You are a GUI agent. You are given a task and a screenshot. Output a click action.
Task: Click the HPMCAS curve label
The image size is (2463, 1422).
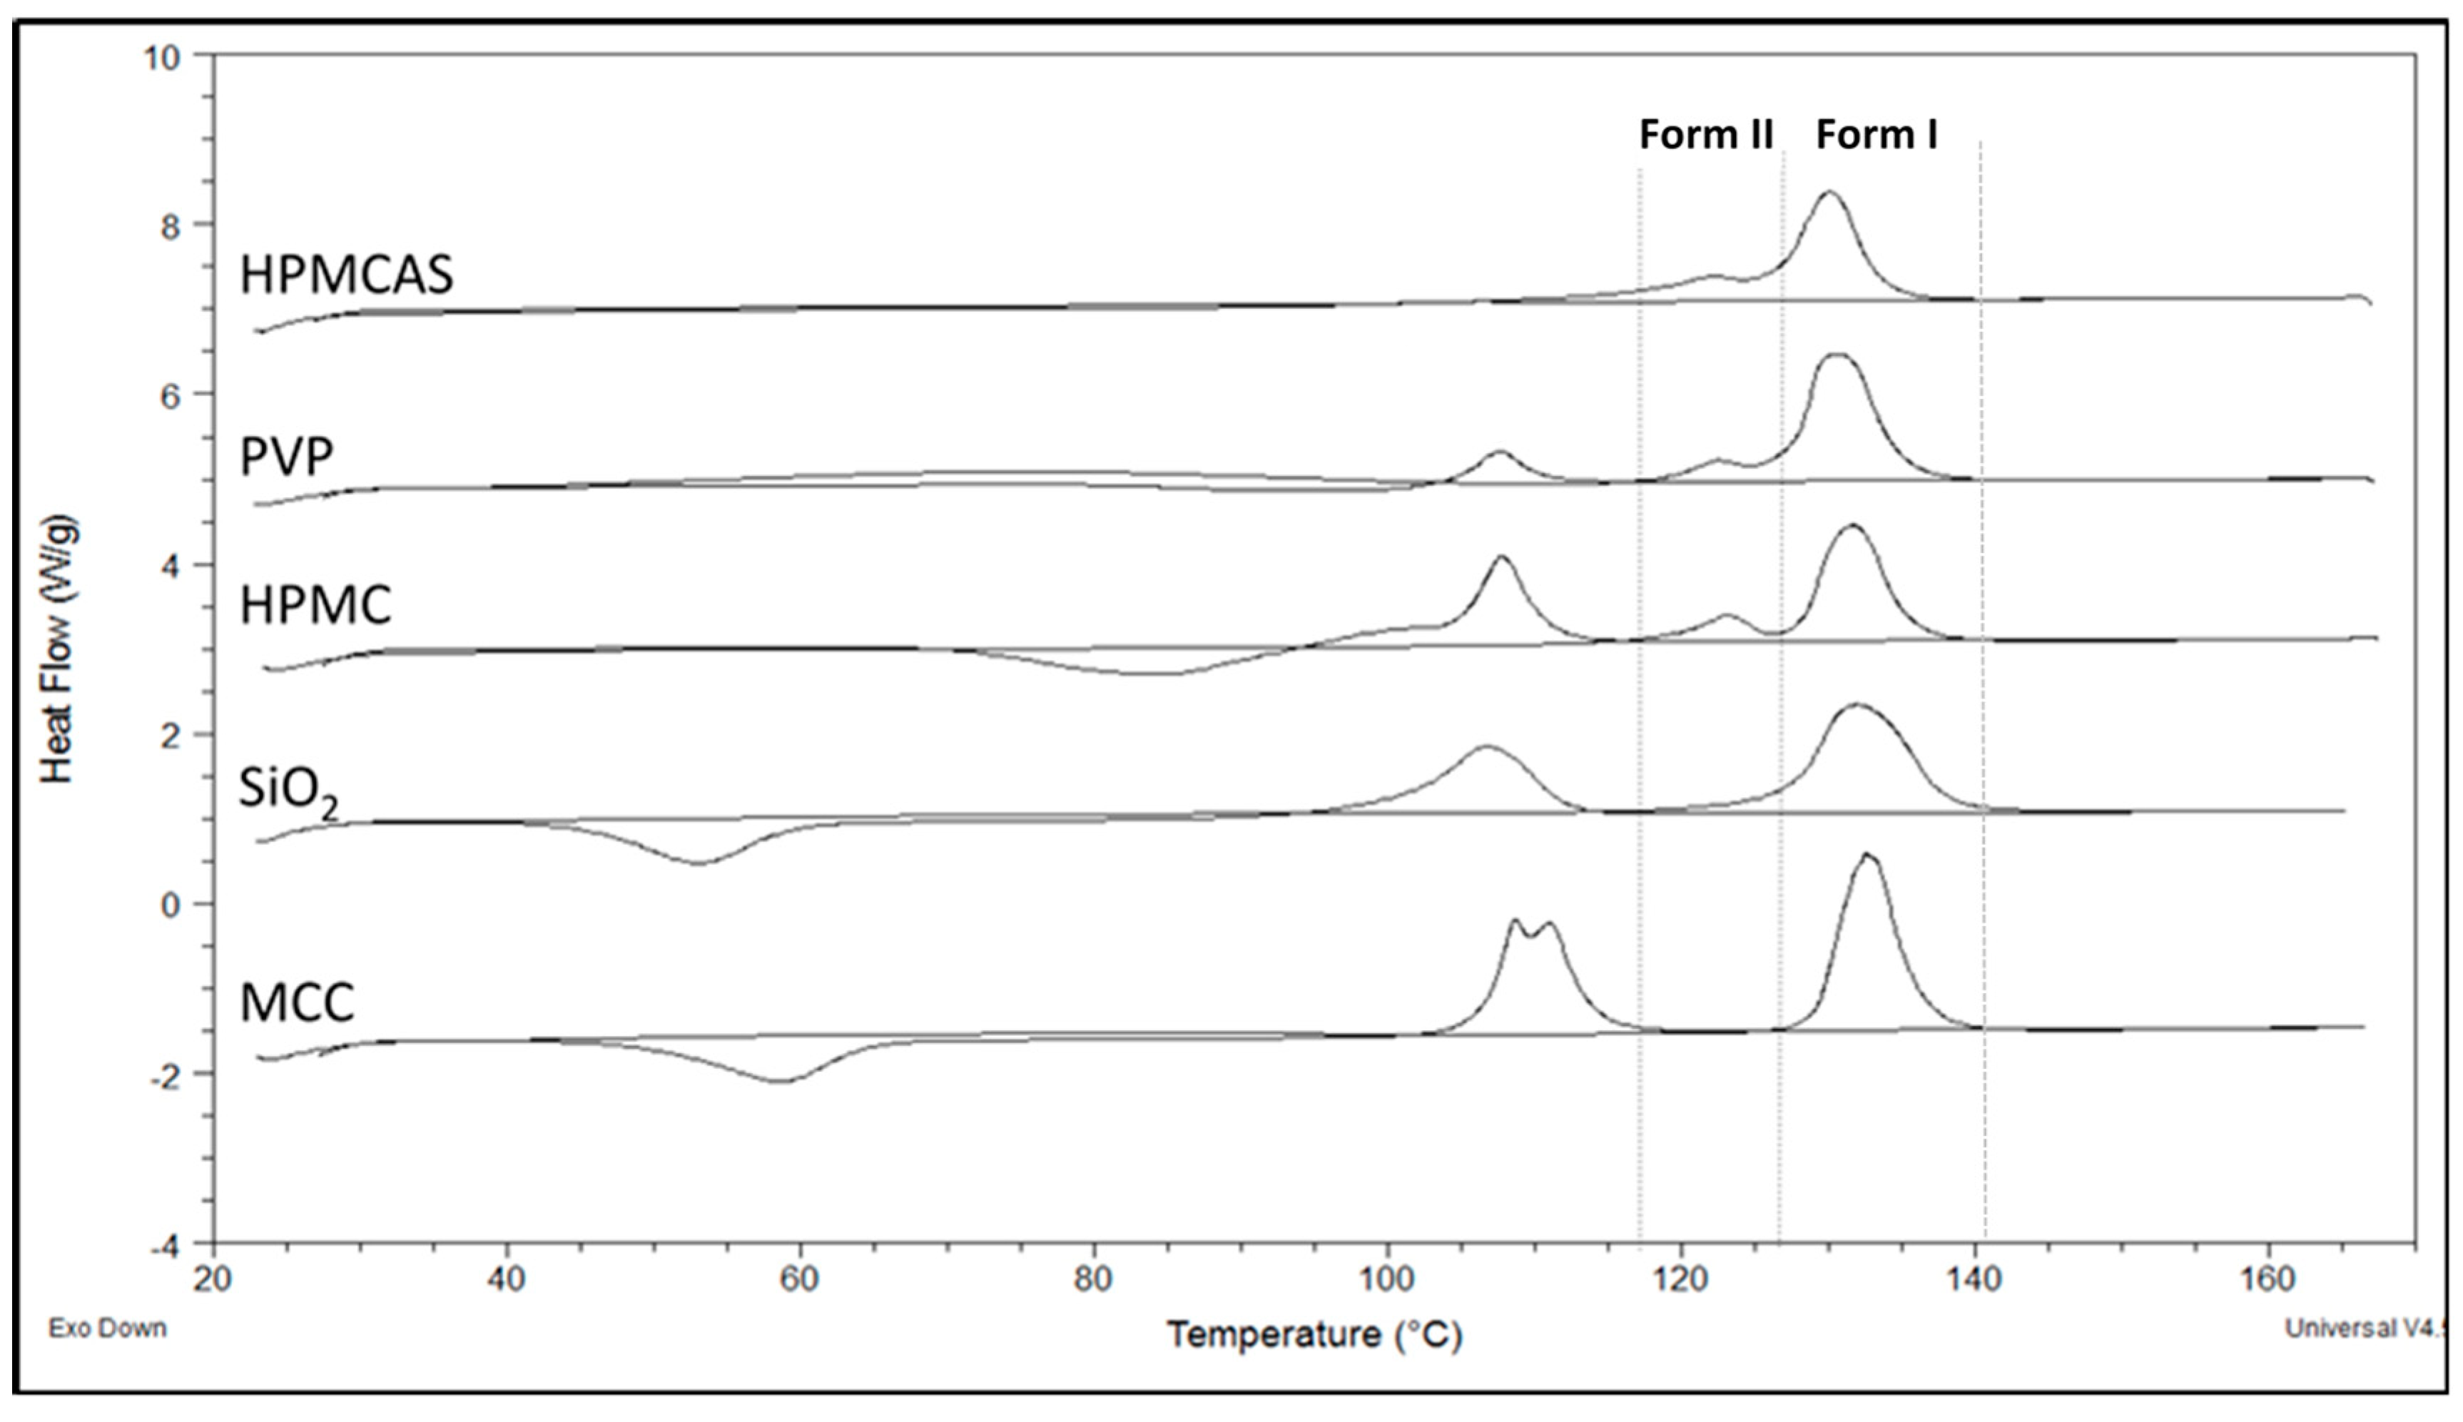pyautogui.click(x=347, y=275)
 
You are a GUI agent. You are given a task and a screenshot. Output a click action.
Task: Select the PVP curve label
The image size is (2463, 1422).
pyautogui.click(x=287, y=456)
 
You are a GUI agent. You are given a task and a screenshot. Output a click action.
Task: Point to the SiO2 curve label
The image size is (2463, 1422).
pyautogui.click(x=289, y=790)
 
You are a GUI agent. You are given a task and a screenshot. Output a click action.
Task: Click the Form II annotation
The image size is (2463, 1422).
pyautogui.click(x=1705, y=135)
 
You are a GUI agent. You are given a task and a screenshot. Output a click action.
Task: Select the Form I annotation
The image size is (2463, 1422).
pyautogui.click(x=1876, y=135)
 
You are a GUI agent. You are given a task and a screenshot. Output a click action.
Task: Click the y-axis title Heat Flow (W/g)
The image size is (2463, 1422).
pyautogui.click(x=59, y=649)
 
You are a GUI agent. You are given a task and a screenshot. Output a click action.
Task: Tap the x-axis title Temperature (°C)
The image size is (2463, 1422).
pyautogui.click(x=1314, y=1334)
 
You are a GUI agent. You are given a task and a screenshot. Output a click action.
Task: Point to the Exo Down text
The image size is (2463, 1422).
pyautogui.click(x=108, y=1329)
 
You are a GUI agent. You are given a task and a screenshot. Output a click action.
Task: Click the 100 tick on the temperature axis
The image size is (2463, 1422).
pyautogui.click(x=1387, y=1279)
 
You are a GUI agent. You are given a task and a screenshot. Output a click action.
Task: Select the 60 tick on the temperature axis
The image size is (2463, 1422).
pyautogui.click(x=799, y=1279)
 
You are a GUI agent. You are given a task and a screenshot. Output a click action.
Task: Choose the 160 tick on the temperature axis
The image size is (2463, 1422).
pyautogui.click(x=2268, y=1279)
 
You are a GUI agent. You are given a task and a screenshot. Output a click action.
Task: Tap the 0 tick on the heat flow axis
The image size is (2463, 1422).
pyautogui.click(x=172, y=905)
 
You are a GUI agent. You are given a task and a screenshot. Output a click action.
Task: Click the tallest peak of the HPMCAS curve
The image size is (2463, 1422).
pyautogui.click(x=1828, y=193)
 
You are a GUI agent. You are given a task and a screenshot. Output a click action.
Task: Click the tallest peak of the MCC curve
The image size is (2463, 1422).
pyautogui.click(x=1867, y=855)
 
